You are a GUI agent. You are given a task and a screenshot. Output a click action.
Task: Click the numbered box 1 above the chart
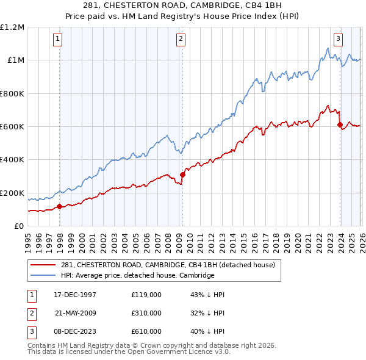click(57, 39)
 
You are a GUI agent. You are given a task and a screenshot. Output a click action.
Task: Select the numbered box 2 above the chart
click(182, 39)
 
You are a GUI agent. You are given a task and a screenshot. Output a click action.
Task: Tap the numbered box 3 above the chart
click(338, 39)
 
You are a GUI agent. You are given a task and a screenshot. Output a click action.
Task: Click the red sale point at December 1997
click(59, 206)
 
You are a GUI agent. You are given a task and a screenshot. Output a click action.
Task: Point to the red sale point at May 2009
click(182, 175)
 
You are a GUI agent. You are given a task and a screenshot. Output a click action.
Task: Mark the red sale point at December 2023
click(340, 125)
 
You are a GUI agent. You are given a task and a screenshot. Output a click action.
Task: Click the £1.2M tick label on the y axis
click(12, 27)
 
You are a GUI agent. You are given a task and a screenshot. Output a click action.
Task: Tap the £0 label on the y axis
click(19, 226)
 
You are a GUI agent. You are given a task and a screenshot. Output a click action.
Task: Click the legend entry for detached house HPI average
click(138, 275)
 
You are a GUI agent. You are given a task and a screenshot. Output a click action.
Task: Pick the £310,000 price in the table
click(146, 313)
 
